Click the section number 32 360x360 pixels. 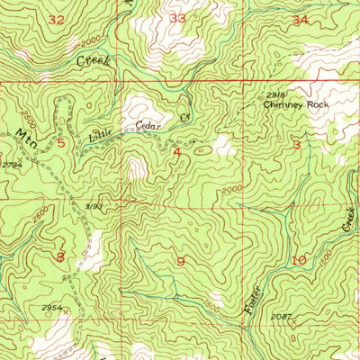(x=57, y=19)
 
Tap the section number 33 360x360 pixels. (x=177, y=17)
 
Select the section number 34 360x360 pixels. (x=300, y=19)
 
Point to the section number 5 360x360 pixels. (x=61, y=142)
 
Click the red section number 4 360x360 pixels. (x=176, y=152)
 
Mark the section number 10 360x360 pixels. (x=299, y=260)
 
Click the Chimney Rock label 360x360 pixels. (x=296, y=105)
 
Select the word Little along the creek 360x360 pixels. (x=102, y=136)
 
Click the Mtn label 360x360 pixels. (x=24, y=135)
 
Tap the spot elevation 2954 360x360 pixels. (x=53, y=308)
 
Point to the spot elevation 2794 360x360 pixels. (x=11, y=165)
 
